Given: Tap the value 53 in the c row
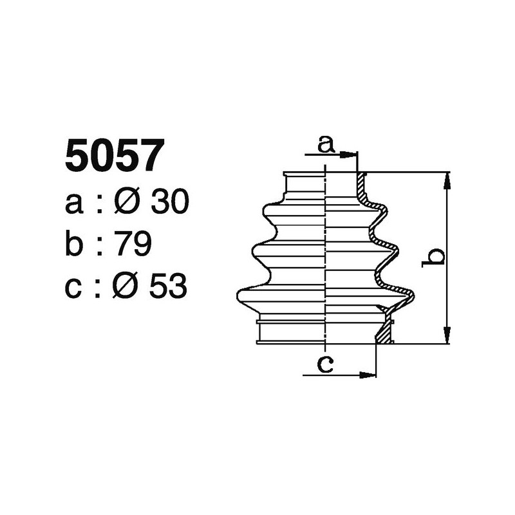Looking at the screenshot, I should [x=167, y=287].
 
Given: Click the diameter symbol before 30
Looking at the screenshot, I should [x=126, y=203].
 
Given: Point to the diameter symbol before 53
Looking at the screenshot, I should [x=125, y=287].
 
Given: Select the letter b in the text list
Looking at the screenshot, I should [x=75, y=245].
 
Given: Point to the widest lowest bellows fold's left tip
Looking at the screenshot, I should [x=239, y=295].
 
